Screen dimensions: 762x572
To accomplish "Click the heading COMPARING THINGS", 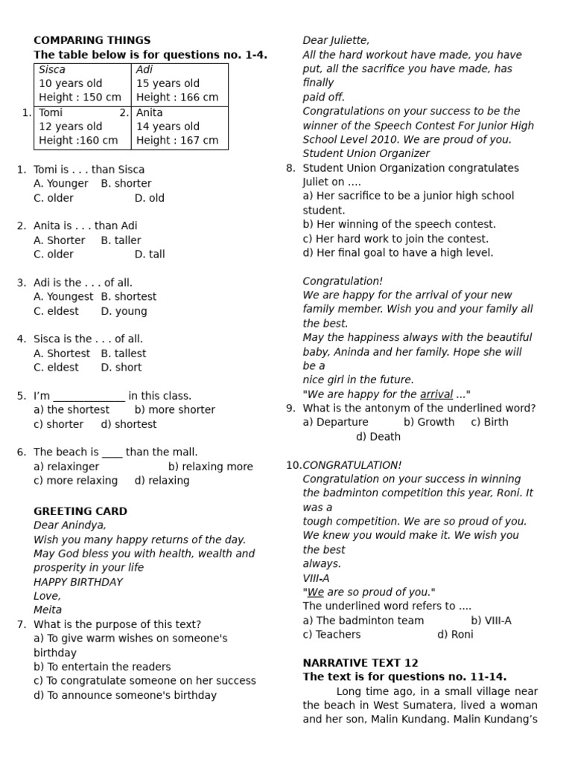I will click(92, 40).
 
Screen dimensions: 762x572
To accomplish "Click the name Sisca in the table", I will click(52, 69).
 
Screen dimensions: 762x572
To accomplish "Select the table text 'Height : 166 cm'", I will click(177, 97).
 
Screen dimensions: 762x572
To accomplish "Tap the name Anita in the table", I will click(150, 112).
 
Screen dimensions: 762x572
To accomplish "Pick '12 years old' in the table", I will click(71, 127).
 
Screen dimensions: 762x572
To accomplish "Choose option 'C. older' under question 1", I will click(54, 198).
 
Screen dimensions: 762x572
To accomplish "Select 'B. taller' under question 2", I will click(121, 240).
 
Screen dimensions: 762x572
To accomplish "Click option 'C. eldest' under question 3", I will click(56, 311).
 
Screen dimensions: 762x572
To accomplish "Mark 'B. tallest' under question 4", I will click(124, 353).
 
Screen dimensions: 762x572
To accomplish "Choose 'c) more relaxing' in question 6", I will click(75, 481).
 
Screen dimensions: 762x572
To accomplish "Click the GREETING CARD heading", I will click(80, 511).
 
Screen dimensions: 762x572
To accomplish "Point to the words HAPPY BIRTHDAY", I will click(78, 582).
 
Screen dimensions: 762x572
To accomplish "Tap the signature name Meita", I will click(48, 610).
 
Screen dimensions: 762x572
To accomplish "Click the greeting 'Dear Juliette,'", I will click(336, 40).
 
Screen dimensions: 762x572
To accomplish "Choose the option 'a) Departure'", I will click(335, 422).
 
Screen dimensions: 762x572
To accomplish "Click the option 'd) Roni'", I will click(455, 635).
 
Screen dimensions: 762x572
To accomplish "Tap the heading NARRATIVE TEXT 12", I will click(360, 663).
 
